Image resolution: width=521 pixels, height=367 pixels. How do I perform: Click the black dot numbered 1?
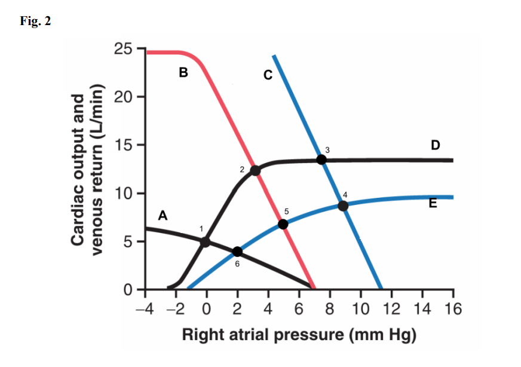point(205,242)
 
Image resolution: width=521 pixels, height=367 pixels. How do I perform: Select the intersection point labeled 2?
point(255,170)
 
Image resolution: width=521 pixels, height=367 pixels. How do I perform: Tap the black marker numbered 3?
point(321,159)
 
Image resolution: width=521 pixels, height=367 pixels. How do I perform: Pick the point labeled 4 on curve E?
point(343,206)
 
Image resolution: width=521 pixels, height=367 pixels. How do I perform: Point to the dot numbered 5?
point(283,224)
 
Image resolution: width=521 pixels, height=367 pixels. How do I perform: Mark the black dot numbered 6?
point(237,252)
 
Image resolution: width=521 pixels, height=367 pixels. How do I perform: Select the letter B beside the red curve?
point(183,74)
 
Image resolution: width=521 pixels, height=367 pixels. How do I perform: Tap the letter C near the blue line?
point(268,75)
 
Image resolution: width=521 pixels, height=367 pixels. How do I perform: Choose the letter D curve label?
point(435,145)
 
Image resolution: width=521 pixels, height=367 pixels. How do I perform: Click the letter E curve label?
point(433,204)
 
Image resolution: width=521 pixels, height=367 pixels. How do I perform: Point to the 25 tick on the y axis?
point(124,48)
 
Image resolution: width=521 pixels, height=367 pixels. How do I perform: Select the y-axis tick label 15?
point(124,145)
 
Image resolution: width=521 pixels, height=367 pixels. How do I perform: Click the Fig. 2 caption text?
point(35,22)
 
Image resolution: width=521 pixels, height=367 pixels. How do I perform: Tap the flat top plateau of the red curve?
point(164,53)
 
